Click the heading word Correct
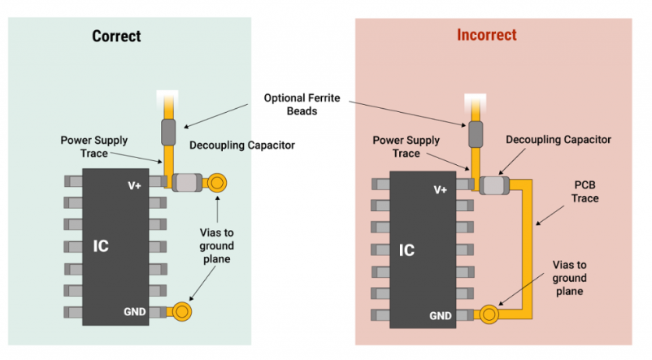[116, 37]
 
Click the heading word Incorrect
[486, 36]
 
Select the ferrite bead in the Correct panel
[168, 130]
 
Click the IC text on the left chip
[102, 244]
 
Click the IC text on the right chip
[407, 249]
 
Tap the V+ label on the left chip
[134, 184]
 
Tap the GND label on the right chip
[440, 315]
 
